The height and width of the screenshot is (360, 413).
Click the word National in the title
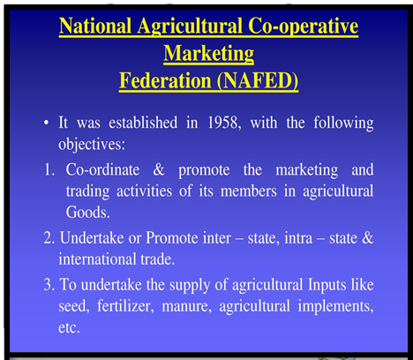point(95,26)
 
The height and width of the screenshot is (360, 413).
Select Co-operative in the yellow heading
point(303,26)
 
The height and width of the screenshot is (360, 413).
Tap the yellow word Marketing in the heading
point(209,54)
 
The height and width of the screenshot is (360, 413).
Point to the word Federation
point(165,80)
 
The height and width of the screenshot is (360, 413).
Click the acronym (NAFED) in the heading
point(258,80)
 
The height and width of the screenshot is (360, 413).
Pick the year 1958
point(222,122)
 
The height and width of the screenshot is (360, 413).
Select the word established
point(143,122)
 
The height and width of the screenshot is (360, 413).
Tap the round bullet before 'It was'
point(46,123)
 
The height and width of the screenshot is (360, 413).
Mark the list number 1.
point(48,170)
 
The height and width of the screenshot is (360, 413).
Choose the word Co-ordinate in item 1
point(102,169)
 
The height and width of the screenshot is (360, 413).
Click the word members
point(249,191)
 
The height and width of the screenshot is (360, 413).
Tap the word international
point(97,259)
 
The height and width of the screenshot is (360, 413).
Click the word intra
point(298,238)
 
